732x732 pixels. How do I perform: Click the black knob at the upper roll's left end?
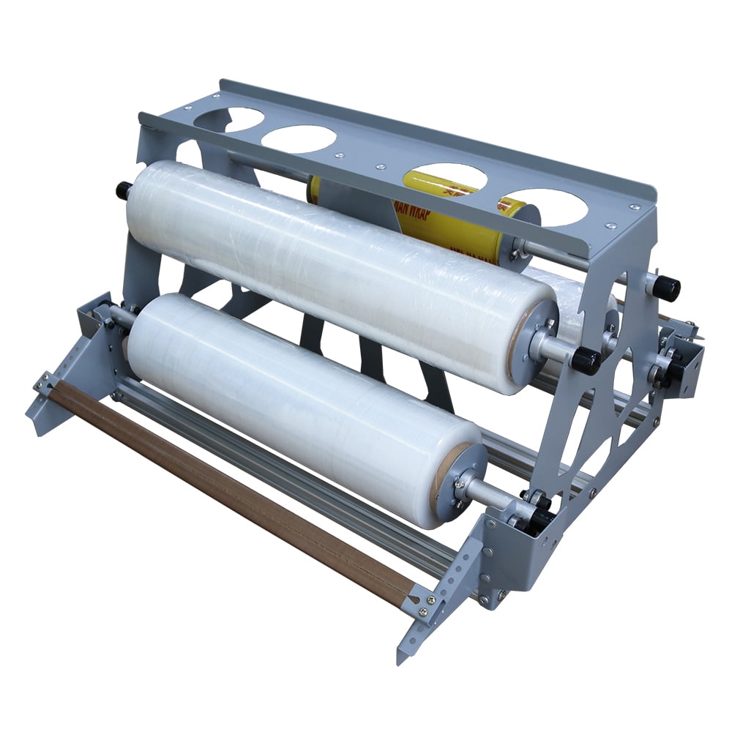[123, 190]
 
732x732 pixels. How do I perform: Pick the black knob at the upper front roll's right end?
[586, 360]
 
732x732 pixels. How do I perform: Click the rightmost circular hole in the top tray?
[548, 206]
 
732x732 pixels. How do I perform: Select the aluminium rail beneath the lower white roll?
[293, 483]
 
